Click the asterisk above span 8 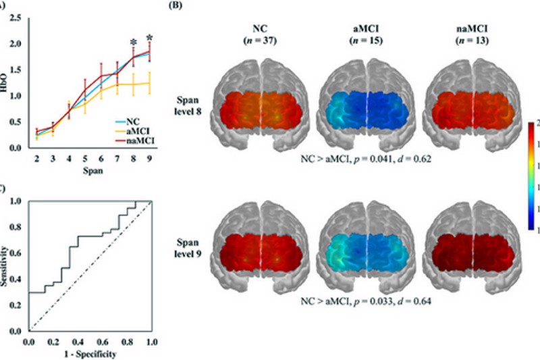click(134, 43)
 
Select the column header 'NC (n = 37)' click(257, 34)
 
